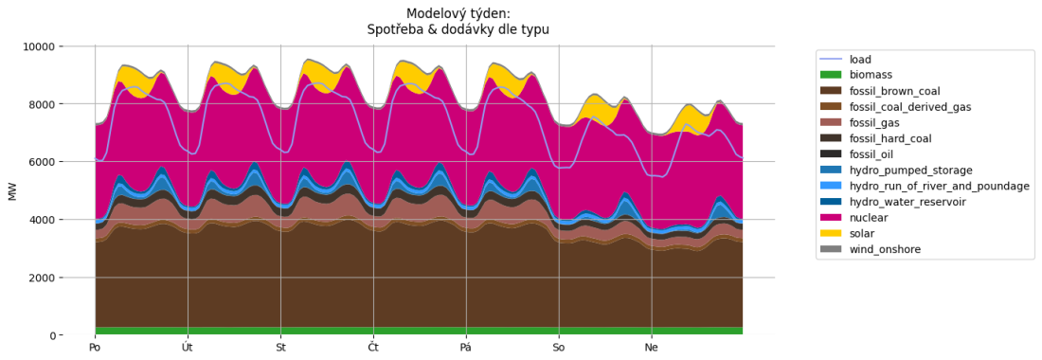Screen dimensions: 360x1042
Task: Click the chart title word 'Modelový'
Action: pyautogui.click(x=435, y=13)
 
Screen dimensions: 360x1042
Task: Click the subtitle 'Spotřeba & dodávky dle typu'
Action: pyautogui.click(x=458, y=29)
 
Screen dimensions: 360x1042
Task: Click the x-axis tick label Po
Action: pyautogui.click(x=95, y=348)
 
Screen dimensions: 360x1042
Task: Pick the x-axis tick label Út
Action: pyautogui.click(x=188, y=348)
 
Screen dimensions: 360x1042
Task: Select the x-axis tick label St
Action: pyautogui.click(x=280, y=348)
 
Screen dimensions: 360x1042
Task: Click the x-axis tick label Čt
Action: pyautogui.click(x=373, y=348)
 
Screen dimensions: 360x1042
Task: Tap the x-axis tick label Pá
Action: pyautogui.click(x=466, y=348)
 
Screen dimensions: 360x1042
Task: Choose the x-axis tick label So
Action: pyautogui.click(x=559, y=348)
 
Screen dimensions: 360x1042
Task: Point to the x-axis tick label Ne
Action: pyautogui.click(x=652, y=348)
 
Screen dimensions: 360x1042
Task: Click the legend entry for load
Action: pyautogui.click(x=860, y=59)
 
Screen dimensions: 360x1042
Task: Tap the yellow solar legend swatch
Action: pyautogui.click(x=831, y=233)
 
